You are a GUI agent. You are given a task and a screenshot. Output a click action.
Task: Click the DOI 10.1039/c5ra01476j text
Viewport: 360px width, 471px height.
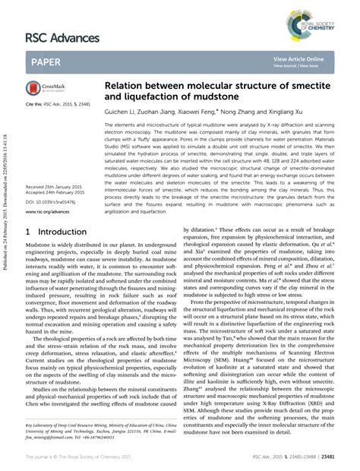tap(55, 202)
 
